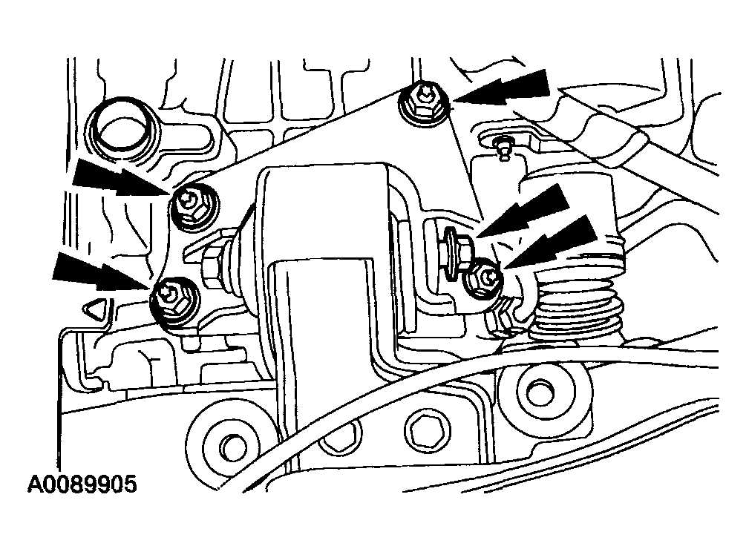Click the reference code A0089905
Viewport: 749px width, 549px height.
(x=82, y=484)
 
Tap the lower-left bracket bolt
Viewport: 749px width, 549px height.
(x=174, y=303)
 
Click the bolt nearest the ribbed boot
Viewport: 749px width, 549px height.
(x=485, y=279)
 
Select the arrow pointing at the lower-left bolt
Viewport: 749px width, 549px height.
(x=101, y=272)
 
